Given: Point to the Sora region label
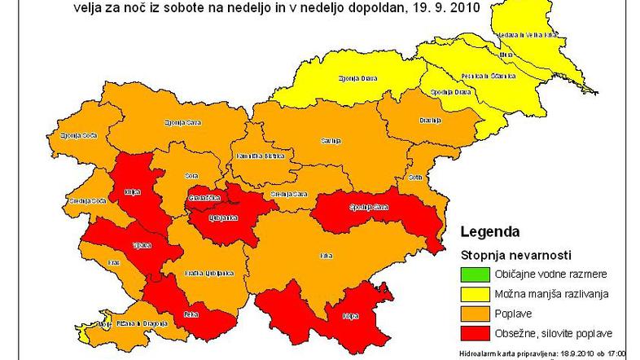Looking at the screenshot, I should [192, 175].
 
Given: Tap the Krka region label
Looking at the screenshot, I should [326, 257].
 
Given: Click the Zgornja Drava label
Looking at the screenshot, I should [352, 79].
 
